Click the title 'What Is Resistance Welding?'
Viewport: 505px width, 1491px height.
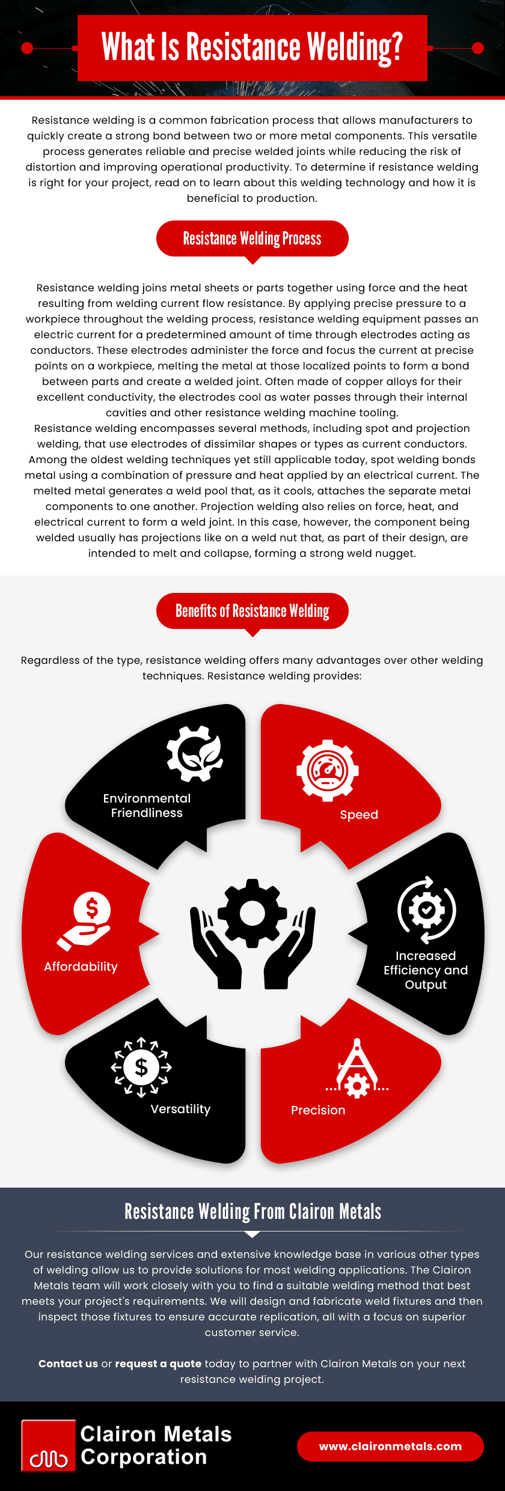(252, 47)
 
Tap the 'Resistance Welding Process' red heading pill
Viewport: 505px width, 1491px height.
(252, 238)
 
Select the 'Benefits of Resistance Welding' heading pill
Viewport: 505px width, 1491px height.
(252, 611)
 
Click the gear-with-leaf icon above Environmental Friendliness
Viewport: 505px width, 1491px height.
(194, 753)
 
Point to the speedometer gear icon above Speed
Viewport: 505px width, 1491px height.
(328, 770)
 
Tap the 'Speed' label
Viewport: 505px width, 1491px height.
(359, 815)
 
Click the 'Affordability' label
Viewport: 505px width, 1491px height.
(81, 967)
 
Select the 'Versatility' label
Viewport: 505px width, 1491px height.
(180, 1109)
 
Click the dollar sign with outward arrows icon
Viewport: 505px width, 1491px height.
(141, 1067)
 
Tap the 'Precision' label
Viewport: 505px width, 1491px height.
(318, 1110)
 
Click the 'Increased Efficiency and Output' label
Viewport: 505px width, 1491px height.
(426, 970)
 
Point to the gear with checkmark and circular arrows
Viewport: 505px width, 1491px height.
(426, 910)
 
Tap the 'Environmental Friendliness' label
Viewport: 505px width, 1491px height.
(147, 806)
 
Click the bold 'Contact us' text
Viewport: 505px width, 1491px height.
(68, 1364)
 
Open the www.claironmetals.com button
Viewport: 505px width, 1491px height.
(390, 1447)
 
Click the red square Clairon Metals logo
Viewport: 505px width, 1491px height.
(49, 1446)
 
